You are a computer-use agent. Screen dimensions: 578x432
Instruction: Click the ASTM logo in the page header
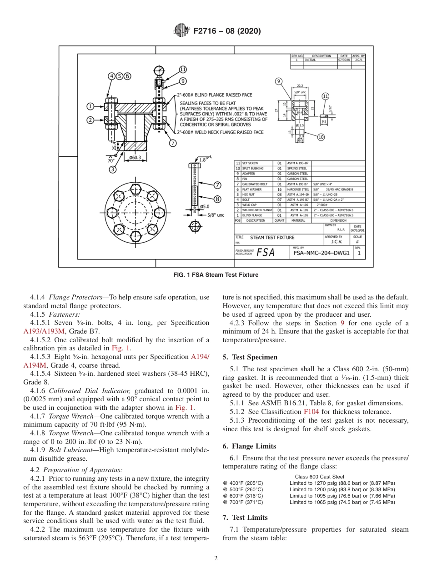tap(181, 31)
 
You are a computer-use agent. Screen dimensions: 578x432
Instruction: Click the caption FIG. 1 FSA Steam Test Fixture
tap(216, 274)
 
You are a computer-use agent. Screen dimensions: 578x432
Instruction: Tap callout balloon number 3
tap(112, 169)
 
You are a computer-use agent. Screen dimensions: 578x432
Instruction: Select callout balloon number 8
tap(217, 199)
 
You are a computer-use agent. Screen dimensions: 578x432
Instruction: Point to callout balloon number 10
tap(321, 137)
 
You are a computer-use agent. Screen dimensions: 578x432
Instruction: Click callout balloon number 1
tap(90, 106)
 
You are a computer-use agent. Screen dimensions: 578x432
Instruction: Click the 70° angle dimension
tap(111, 160)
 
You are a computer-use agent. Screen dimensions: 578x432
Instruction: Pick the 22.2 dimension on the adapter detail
tap(300, 85)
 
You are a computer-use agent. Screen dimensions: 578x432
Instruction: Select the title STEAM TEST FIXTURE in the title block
tap(272, 237)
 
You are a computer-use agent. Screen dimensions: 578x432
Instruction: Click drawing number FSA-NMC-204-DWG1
tap(321, 253)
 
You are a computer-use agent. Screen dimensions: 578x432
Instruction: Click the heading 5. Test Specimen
tap(250, 357)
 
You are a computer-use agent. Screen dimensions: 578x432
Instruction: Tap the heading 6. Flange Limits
tap(249, 446)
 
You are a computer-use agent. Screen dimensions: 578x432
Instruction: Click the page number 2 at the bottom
tap(216, 558)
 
